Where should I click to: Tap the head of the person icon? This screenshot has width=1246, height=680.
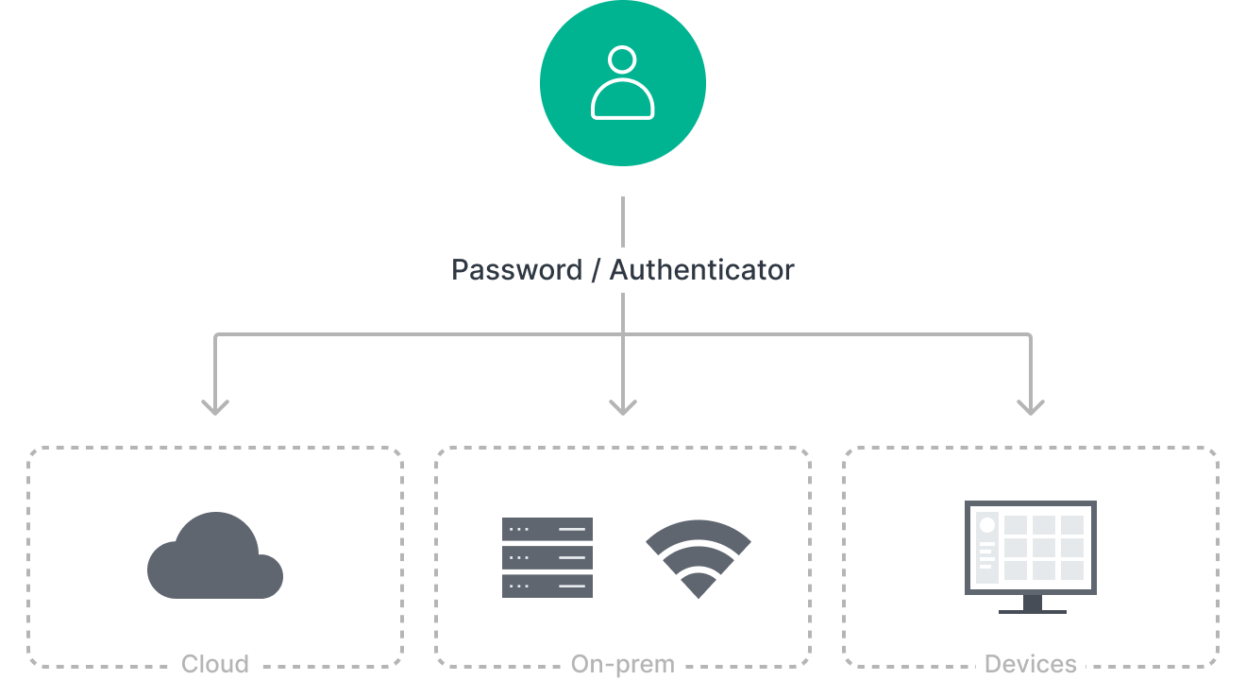[622, 59]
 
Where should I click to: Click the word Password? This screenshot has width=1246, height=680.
[516, 270]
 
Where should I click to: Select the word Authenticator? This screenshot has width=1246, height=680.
[701, 270]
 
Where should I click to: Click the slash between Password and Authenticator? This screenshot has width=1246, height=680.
[595, 270]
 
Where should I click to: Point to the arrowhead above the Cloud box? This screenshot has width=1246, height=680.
[215, 406]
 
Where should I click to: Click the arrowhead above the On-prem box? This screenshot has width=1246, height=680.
[622, 406]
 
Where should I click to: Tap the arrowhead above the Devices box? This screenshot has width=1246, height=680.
[1030, 406]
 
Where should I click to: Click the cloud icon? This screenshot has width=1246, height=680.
[215, 557]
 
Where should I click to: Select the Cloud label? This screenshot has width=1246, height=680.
[215, 663]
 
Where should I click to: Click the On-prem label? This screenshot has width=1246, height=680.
[622, 663]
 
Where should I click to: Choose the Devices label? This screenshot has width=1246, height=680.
[1030, 663]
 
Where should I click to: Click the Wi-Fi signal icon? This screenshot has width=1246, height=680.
[698, 555]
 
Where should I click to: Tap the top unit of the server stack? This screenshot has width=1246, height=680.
[547, 529]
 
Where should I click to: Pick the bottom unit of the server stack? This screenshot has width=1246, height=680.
[547, 586]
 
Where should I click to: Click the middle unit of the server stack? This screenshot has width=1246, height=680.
[547, 557]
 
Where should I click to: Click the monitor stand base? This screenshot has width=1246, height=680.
[1032, 609]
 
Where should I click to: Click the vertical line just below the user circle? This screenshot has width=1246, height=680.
[622, 221]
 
